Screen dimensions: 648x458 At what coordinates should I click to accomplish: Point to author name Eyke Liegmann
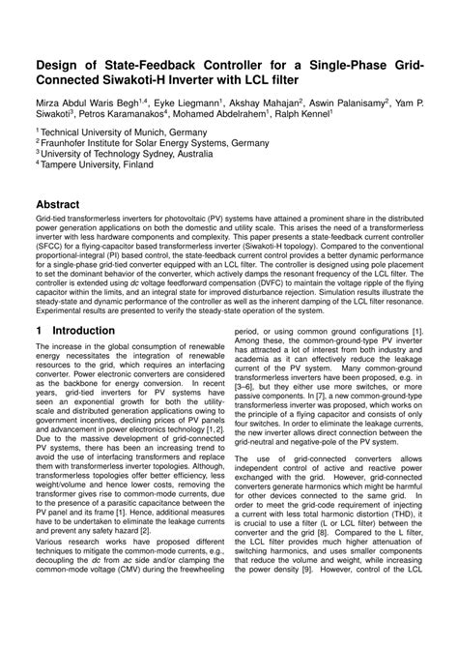click(189, 101)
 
